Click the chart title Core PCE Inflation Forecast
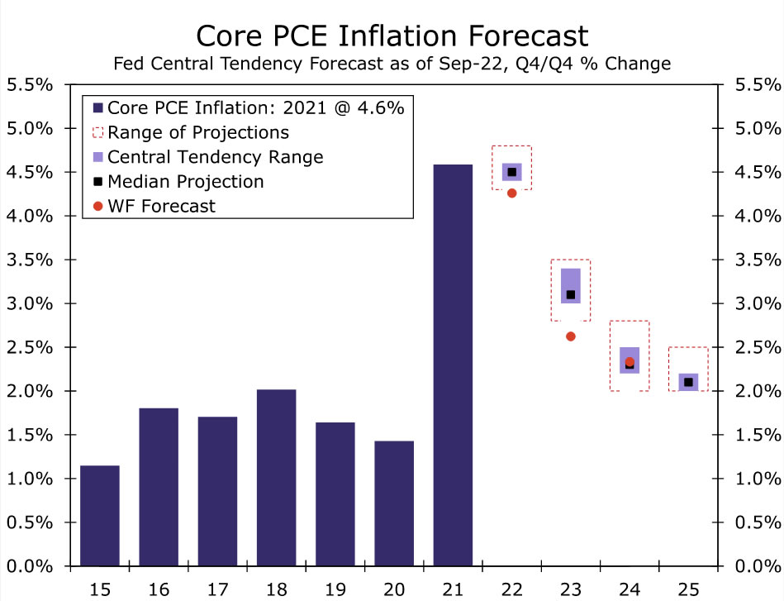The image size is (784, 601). [392, 36]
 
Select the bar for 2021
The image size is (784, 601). [453, 365]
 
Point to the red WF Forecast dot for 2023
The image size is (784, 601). [570, 336]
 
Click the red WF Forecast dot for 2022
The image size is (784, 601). [511, 193]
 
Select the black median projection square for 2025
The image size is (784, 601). [688, 382]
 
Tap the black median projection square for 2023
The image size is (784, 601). [570, 294]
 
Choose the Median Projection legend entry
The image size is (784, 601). [185, 181]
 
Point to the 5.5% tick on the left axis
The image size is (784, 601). [30, 84]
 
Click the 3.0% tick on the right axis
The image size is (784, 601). [755, 303]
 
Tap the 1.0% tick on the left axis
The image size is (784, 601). [30, 479]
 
